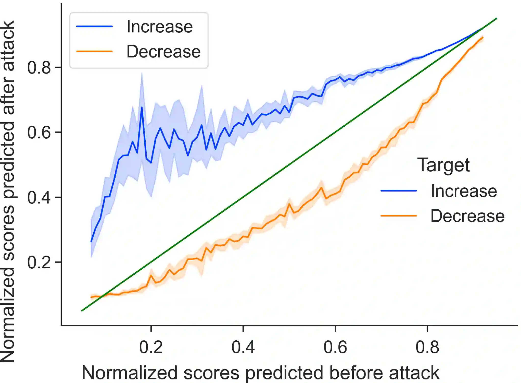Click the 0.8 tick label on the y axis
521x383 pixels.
(x=39, y=68)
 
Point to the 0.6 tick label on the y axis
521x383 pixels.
(x=39, y=133)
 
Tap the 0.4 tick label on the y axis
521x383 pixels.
(x=39, y=198)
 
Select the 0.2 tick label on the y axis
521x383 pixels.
(x=39, y=262)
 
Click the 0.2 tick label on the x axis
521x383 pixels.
(x=151, y=347)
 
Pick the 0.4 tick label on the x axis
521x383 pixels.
(x=243, y=347)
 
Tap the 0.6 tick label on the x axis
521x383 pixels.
(x=335, y=347)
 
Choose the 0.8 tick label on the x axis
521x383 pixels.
(x=427, y=347)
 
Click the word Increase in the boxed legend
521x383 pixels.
(x=160, y=27)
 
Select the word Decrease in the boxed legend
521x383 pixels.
(x=163, y=52)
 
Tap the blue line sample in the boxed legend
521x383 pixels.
(x=94, y=26)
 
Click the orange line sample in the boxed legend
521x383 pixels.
(x=94, y=51)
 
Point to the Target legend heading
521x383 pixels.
(x=443, y=165)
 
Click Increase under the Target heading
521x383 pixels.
(x=464, y=191)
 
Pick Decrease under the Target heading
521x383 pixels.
(x=467, y=216)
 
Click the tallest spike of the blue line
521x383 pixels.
(x=142, y=107)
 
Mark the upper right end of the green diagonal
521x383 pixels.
(x=497, y=19)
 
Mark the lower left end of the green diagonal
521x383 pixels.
(x=82, y=310)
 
